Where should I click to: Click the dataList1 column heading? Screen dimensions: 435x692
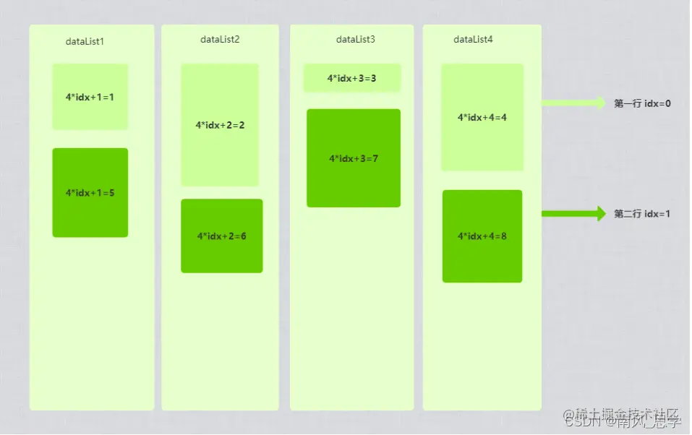(85, 41)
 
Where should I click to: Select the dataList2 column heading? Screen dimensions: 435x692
(220, 39)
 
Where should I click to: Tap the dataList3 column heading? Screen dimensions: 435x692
(355, 39)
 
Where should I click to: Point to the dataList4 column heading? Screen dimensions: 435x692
(473, 39)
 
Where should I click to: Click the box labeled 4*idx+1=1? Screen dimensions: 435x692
(90, 97)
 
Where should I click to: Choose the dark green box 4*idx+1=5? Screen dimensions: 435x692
(90, 192)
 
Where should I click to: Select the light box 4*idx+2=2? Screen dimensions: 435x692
(220, 125)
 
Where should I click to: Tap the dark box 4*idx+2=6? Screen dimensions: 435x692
(221, 236)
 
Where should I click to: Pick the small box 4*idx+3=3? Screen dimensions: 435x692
(351, 78)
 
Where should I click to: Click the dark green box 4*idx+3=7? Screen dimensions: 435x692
(353, 158)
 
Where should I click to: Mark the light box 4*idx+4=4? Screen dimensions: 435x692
(482, 117)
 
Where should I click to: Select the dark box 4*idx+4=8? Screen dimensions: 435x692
(482, 236)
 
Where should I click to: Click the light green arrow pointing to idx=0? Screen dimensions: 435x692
(573, 103)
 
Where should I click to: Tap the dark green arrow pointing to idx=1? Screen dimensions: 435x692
(573, 213)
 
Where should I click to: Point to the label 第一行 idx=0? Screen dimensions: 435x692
(642, 103)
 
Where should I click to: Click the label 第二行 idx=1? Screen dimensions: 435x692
(642, 214)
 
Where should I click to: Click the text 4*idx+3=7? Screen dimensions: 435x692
(353, 158)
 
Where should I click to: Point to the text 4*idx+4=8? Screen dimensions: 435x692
(482, 236)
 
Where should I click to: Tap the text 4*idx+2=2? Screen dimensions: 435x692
(220, 125)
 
